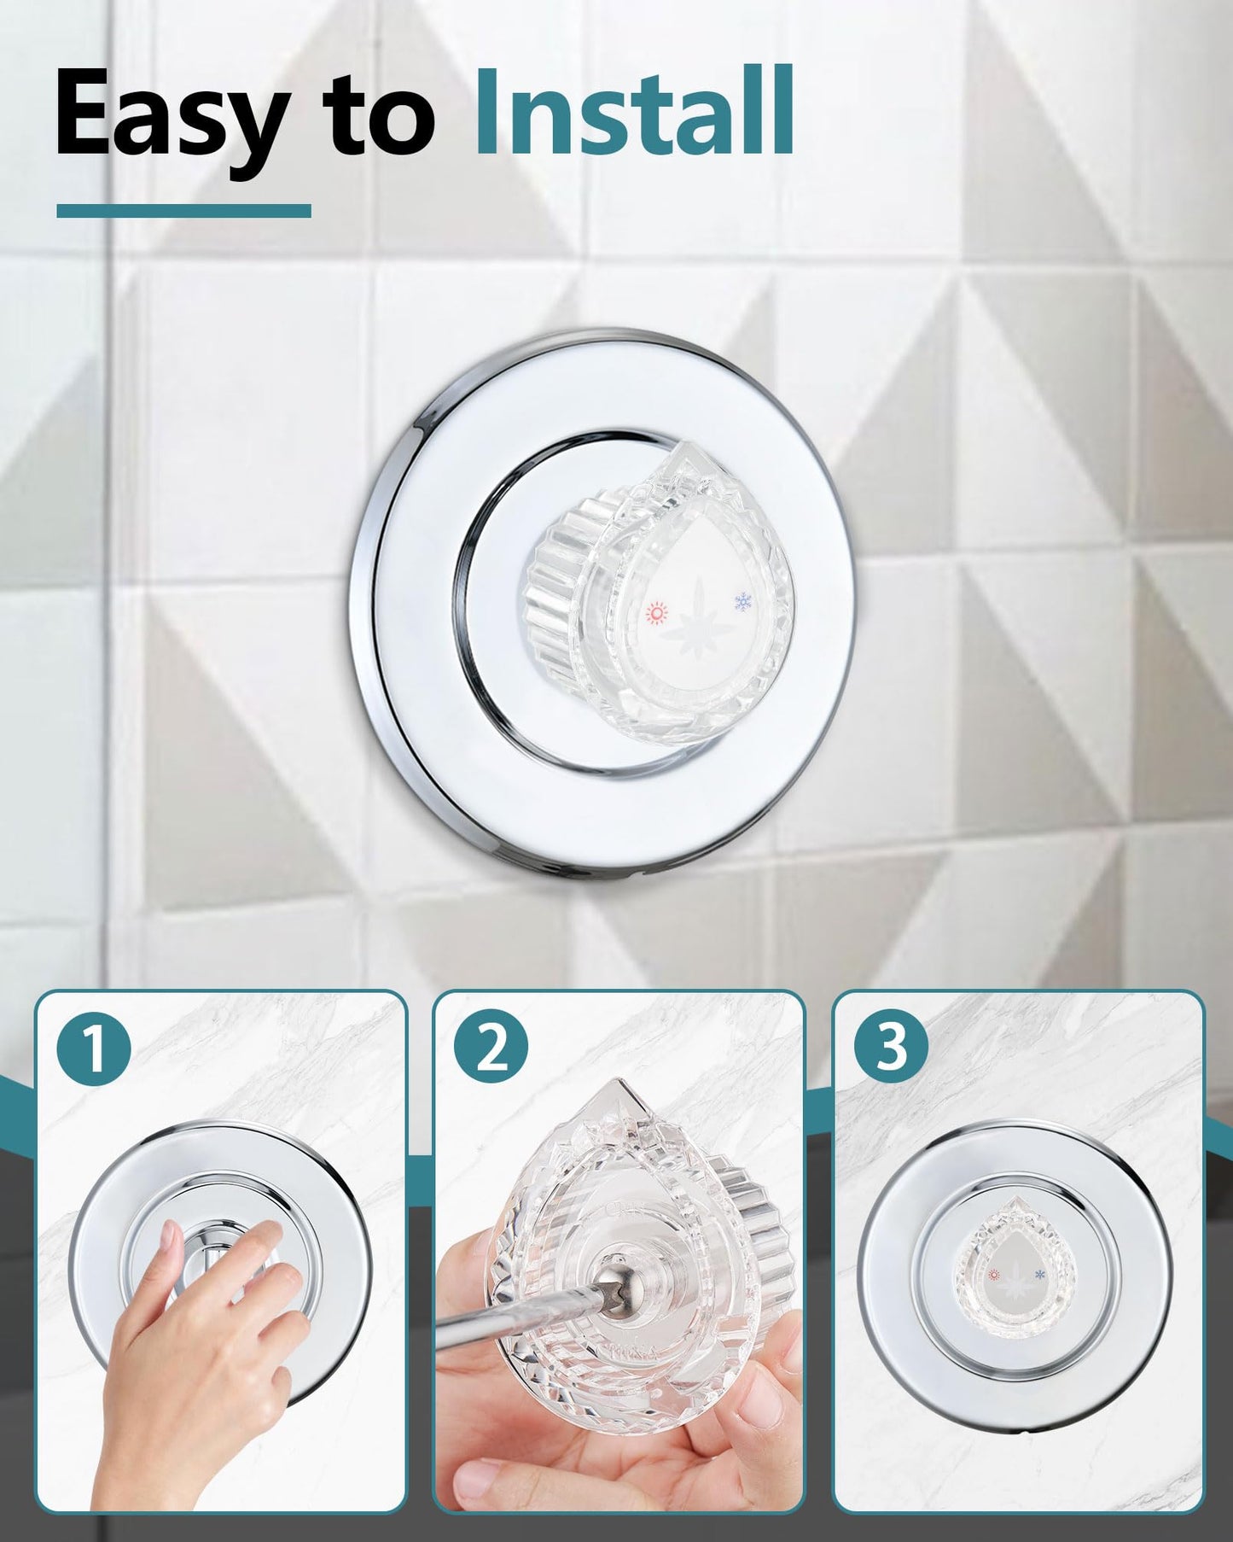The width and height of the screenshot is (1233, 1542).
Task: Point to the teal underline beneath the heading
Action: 183,210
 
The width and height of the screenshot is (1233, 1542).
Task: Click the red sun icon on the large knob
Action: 655,612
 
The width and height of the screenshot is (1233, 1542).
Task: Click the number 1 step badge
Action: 95,1049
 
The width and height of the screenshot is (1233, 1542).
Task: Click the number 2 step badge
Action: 491,1049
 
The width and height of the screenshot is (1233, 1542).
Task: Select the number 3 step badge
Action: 892,1048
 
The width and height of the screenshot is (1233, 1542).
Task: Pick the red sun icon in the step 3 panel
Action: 993,1276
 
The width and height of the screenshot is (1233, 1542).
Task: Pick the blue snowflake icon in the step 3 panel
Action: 1039,1274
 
